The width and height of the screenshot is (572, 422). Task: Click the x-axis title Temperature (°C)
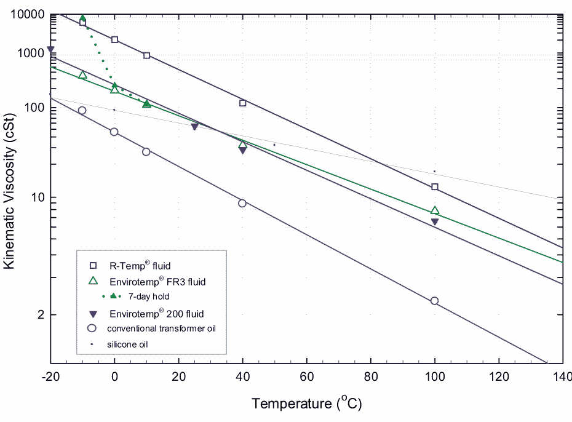tap(306, 404)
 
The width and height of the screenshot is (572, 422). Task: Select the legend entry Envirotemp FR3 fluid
tap(162, 282)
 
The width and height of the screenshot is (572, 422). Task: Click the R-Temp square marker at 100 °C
tap(435, 186)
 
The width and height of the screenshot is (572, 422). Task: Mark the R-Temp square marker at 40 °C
tap(243, 103)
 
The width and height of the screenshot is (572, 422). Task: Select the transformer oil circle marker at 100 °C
tap(435, 301)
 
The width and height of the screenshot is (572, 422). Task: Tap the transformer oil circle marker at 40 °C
tap(242, 203)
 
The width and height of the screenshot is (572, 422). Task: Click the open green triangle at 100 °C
tap(435, 211)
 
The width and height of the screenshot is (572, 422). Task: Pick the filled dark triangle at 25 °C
tap(194, 127)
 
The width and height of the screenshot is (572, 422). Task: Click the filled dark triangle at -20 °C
tap(50, 50)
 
